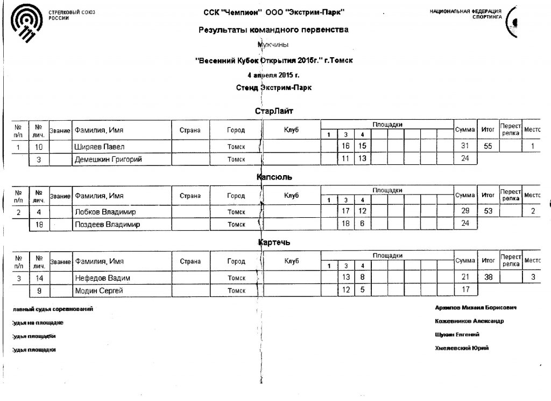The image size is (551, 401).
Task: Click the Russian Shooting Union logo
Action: [x=26, y=24]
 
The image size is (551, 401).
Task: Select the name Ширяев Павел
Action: [x=99, y=147]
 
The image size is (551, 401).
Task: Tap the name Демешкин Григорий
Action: [x=104, y=159]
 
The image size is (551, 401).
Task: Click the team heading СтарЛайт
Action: [x=274, y=111]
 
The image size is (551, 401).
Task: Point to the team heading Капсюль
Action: [x=275, y=177]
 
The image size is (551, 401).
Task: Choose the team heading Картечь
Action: [x=274, y=243]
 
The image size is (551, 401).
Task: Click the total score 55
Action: [x=488, y=147]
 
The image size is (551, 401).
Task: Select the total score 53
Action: [x=488, y=212]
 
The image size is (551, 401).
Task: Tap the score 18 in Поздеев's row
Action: [x=346, y=224]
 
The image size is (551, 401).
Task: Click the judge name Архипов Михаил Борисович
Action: [x=476, y=307]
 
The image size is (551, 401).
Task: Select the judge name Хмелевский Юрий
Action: [x=462, y=348]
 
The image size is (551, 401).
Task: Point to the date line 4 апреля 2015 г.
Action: [x=273, y=74]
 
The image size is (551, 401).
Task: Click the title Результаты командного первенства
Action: [x=273, y=30]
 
